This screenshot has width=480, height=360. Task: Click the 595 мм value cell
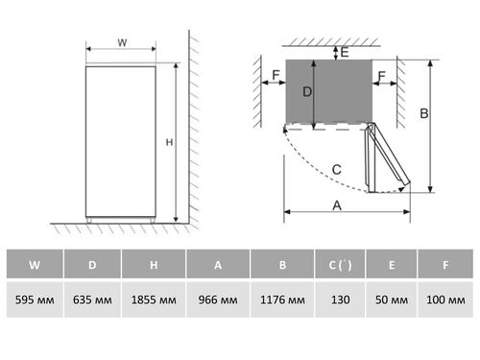pyautogui.click(x=35, y=300)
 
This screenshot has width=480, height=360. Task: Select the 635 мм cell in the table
pyautogui.click(x=92, y=300)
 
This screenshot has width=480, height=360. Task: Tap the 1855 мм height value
pyautogui.click(x=154, y=300)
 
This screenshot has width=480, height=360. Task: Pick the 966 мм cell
pyautogui.click(x=218, y=300)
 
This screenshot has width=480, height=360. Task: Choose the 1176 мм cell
pyautogui.click(x=282, y=300)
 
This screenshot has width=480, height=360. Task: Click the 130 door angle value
pyautogui.click(x=340, y=300)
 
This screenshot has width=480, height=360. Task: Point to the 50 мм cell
pyautogui.click(x=392, y=300)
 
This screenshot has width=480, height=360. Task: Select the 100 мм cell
pyautogui.click(x=445, y=300)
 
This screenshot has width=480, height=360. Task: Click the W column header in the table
pyautogui.click(x=35, y=264)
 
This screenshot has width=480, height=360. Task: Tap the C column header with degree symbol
pyautogui.click(x=340, y=264)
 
